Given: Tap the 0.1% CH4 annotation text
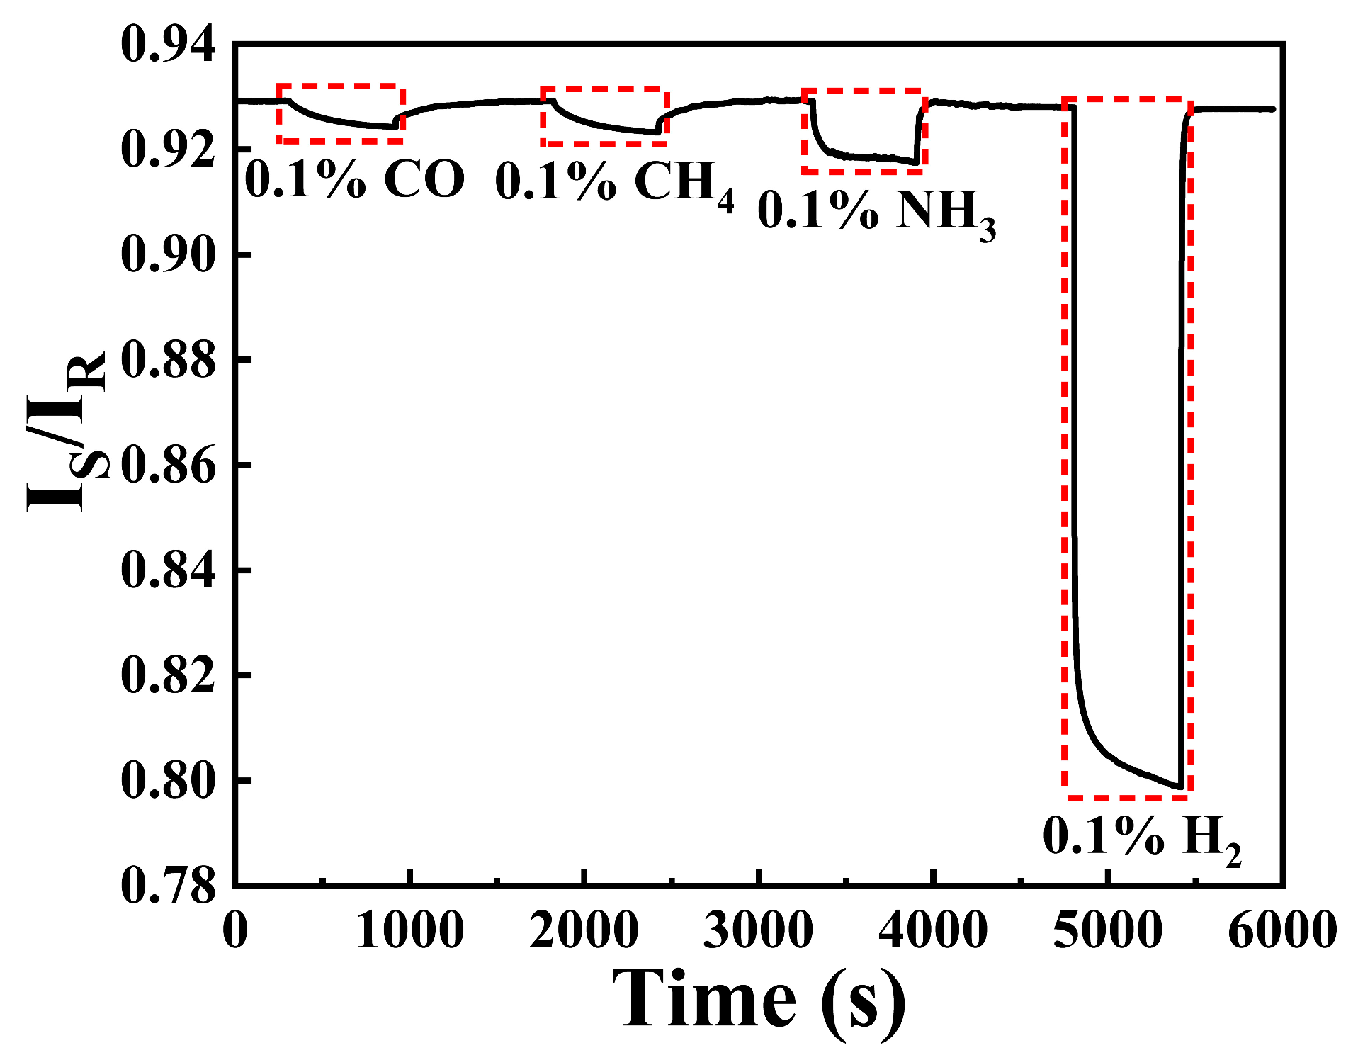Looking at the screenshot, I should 614,183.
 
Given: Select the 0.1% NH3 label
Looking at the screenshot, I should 877,212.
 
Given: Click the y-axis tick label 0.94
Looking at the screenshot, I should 168,45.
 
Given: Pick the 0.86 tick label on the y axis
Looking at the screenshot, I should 168,466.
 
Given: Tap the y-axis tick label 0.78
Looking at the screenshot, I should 168,886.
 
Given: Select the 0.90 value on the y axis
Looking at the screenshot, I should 168,254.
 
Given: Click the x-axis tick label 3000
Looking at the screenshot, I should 758,930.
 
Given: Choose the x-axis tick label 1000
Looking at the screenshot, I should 409,930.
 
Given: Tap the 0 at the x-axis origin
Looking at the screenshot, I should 235,930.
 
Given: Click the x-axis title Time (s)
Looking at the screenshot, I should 758,999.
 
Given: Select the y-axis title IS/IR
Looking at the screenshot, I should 67,432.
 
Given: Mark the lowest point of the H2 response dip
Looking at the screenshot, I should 1179,786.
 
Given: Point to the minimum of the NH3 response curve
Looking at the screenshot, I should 916,163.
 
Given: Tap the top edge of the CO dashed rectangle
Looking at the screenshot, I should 341,86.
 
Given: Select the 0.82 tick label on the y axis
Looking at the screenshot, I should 168,675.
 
